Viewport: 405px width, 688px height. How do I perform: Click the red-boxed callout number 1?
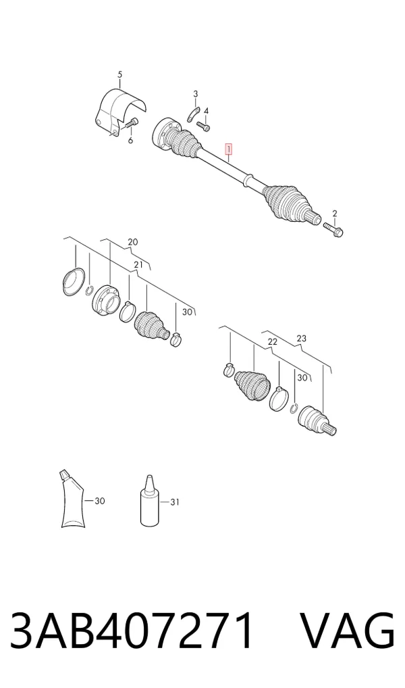(x=228, y=149)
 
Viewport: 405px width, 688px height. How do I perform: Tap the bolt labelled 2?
(x=333, y=228)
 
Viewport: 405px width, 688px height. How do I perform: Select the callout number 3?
(x=196, y=94)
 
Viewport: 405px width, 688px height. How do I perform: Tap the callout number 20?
(x=133, y=242)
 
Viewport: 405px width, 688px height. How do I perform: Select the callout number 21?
(x=138, y=265)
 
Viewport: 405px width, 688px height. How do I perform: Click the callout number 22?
(x=273, y=342)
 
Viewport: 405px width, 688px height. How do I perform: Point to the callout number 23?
(x=302, y=339)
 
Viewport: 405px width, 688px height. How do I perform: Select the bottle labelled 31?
(x=150, y=500)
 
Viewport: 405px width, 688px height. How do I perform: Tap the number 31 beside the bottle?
(x=174, y=502)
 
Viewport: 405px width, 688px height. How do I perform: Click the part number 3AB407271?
(x=132, y=630)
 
